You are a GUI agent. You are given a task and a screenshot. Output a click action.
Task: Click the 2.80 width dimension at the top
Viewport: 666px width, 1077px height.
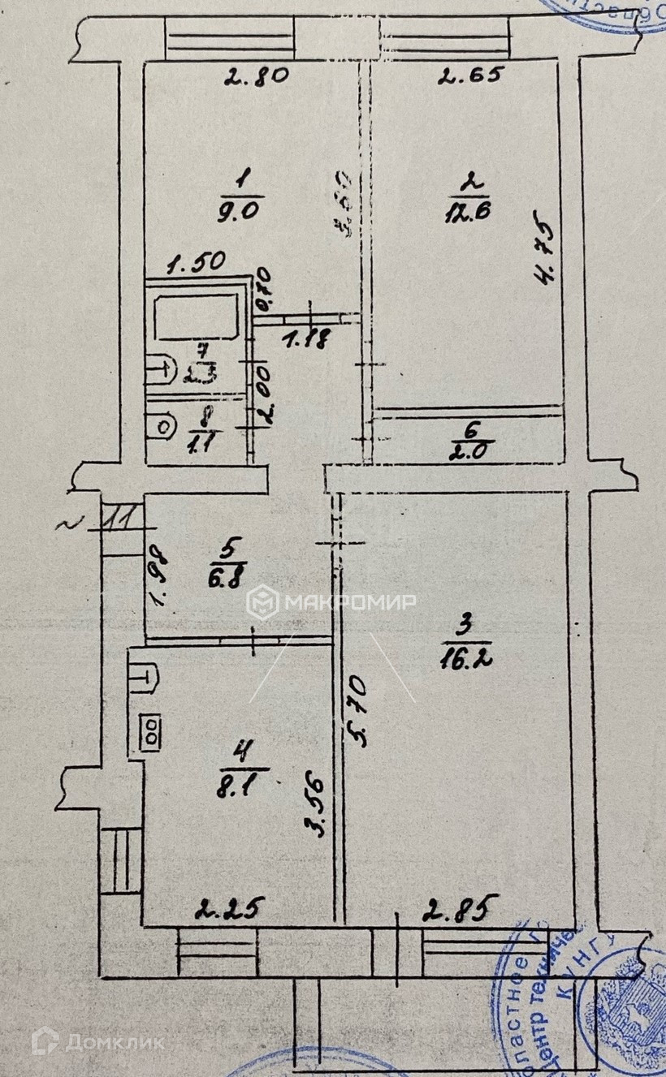pos(256,79)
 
